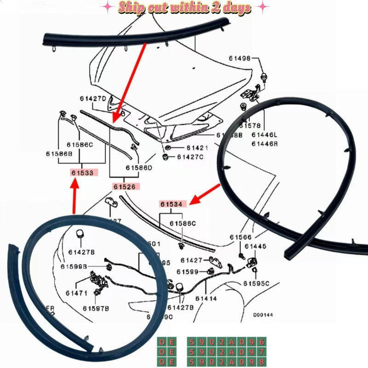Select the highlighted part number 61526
[126, 187]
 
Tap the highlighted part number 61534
[173, 204]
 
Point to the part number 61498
[240, 58]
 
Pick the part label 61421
[197, 148]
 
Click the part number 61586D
[138, 168]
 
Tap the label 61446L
[264, 135]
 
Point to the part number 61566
[241, 237]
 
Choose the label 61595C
[256, 283]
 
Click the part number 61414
[206, 299]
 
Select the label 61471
[76, 293]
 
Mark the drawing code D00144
[263, 315]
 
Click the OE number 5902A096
[226, 342]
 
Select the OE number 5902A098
[226, 362]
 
